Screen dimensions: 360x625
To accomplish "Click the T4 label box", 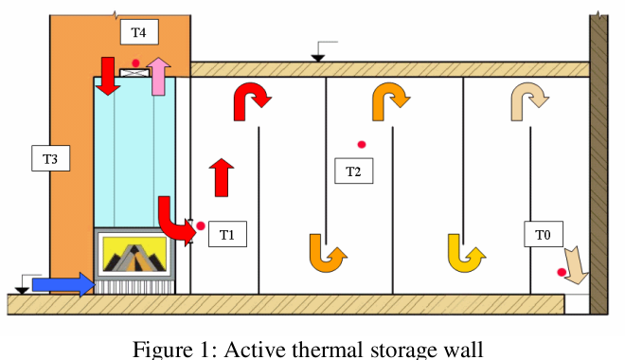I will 139,32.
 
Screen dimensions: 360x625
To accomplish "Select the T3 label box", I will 50,159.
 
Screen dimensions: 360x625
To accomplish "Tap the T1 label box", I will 227,232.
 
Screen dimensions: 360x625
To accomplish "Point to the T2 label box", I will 353,171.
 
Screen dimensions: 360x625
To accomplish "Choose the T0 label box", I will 543,233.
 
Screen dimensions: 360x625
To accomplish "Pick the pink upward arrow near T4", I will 159,75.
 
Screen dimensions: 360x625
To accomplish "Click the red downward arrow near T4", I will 107,75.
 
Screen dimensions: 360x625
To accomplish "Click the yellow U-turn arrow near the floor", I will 465,252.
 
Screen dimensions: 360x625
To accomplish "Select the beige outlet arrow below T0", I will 577,264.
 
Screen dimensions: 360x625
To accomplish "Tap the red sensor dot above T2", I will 362,144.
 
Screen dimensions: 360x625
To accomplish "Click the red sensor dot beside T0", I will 562,273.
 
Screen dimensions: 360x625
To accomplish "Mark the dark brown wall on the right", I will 599,161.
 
